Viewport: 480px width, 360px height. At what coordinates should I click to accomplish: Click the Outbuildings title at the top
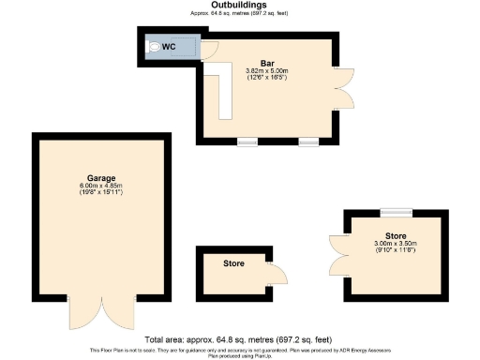point(239,6)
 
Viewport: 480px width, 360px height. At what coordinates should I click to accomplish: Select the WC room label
point(170,47)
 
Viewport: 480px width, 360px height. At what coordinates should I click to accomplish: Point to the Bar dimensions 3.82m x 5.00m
point(266,70)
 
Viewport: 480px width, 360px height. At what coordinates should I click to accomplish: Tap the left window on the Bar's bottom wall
point(247,142)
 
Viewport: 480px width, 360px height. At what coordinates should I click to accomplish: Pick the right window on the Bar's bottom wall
point(308,142)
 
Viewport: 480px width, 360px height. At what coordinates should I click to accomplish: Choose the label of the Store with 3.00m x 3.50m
point(395,236)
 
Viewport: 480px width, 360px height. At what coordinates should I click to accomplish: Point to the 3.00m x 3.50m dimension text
point(395,246)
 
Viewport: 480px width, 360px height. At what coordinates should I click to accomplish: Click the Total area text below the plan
point(239,338)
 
